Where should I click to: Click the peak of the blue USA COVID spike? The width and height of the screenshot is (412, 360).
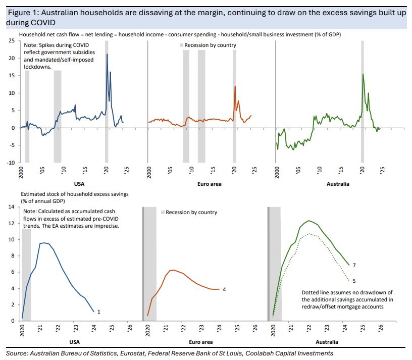(107, 54)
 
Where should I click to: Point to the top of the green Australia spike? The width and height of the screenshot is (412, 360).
(363, 74)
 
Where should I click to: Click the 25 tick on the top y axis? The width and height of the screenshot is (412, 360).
(11, 40)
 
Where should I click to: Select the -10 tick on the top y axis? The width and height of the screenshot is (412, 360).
(10, 163)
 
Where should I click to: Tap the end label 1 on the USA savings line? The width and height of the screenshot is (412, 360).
(98, 312)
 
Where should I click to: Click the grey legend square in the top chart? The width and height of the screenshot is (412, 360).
(181, 45)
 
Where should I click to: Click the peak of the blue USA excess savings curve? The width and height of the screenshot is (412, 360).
(44, 243)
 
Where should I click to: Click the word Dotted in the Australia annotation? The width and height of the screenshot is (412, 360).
(311, 292)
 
